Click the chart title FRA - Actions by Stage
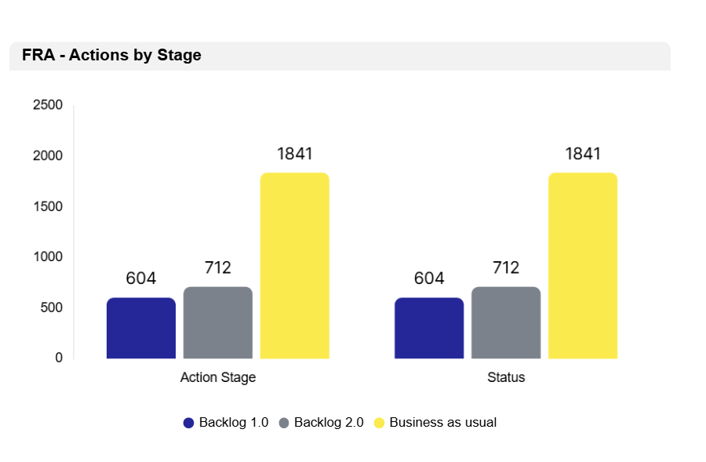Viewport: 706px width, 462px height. (111, 56)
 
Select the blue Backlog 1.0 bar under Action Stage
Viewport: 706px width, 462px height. (141, 329)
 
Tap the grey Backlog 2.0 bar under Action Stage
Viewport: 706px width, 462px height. (218, 323)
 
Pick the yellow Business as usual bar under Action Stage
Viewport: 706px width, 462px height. (295, 266)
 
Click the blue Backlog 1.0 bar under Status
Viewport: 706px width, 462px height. (429, 329)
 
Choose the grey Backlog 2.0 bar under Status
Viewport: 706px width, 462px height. (506, 323)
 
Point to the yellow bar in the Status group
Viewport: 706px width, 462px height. (583, 266)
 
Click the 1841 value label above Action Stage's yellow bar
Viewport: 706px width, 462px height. (295, 154)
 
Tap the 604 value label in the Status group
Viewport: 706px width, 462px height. (429, 278)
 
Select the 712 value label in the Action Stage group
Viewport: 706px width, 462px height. (218, 268)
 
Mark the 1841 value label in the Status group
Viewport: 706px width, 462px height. (583, 154)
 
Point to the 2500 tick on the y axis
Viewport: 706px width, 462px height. (48, 105)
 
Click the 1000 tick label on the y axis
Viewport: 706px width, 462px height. (48, 256)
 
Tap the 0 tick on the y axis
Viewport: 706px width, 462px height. (59, 358)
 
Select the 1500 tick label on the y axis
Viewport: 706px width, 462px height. (48, 206)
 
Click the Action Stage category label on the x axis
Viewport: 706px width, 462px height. (218, 377)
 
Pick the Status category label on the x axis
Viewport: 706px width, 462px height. (506, 377)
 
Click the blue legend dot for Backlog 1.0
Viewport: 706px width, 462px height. (188, 423)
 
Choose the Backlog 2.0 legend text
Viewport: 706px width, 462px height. (329, 423)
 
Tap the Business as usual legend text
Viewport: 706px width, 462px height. (443, 423)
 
